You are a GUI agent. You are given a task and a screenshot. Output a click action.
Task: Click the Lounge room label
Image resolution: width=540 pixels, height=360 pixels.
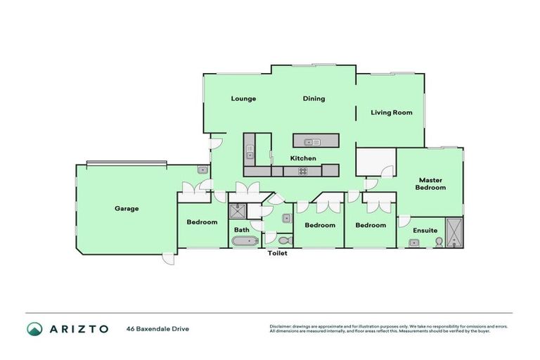tap(243, 98)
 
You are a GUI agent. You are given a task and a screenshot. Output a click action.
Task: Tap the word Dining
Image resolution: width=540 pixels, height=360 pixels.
tap(314, 98)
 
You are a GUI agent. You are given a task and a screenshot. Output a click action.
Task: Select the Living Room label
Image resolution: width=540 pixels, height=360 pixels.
tap(392, 112)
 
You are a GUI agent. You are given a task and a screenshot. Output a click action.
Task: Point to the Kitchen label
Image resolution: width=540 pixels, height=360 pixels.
tap(303, 158)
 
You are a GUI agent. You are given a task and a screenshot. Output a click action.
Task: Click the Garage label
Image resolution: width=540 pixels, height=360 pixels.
tap(127, 209)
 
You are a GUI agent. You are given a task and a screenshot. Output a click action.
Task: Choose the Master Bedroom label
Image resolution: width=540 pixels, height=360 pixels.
tap(430, 184)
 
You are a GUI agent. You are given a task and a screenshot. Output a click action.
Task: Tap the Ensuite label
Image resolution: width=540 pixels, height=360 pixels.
tap(425, 230)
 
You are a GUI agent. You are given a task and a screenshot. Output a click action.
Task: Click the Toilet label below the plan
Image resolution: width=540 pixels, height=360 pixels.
tap(277, 253)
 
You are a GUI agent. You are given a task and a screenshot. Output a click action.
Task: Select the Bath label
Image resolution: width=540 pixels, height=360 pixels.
tap(241, 230)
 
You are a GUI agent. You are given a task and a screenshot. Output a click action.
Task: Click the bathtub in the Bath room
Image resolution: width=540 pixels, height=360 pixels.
tap(245, 241)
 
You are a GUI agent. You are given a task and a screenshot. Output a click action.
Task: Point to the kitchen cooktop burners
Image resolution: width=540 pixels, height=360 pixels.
tap(302, 170)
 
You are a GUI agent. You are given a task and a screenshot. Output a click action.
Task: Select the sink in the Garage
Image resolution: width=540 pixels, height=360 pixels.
tap(202, 169)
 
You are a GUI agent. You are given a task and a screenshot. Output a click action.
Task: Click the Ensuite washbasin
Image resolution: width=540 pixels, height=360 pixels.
tap(414, 243)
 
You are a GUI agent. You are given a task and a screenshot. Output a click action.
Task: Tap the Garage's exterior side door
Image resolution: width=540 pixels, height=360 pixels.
tap(167, 258)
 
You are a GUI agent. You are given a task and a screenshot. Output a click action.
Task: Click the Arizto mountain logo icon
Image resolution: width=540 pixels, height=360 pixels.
tap(34, 328)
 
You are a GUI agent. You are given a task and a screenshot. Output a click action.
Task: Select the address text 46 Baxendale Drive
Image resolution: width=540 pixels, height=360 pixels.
tap(157, 328)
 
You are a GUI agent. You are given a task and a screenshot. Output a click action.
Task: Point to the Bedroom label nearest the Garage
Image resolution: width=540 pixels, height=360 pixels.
tap(202, 223)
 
